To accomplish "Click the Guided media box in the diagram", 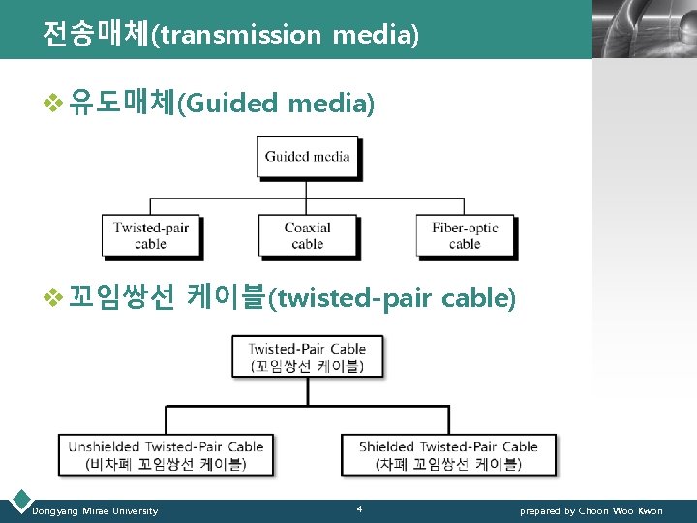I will click(x=307, y=156).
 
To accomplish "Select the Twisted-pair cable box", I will click(x=150, y=235).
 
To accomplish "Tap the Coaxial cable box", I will click(x=307, y=235).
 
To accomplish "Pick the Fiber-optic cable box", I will click(x=465, y=235).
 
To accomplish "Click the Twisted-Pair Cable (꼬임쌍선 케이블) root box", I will click(x=307, y=356).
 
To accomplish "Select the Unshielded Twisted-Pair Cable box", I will click(x=166, y=454).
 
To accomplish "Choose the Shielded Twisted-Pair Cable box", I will click(x=448, y=454).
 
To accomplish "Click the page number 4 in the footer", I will click(x=359, y=508).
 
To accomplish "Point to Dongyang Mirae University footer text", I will click(x=95, y=510).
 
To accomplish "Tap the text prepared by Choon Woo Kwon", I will click(x=591, y=510).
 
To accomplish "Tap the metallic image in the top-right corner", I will click(x=644, y=29).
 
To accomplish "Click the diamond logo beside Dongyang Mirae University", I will click(x=18, y=501).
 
